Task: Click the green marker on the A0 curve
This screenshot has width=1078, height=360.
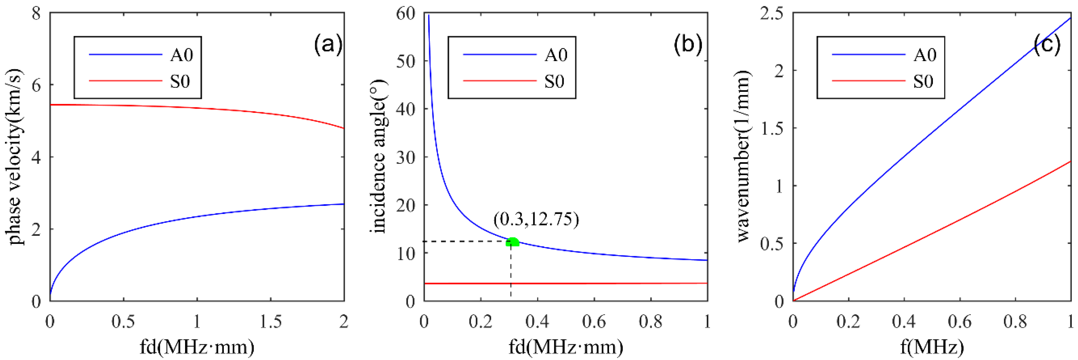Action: tap(512, 242)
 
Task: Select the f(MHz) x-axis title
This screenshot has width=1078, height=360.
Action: tap(931, 347)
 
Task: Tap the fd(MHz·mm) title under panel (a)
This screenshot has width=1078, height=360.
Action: tap(197, 347)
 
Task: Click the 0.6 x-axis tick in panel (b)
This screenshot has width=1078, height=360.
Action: tap(594, 321)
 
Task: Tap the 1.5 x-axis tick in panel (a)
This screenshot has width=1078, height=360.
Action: tap(270, 321)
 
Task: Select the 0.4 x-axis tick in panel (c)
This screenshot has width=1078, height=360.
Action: tap(904, 321)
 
